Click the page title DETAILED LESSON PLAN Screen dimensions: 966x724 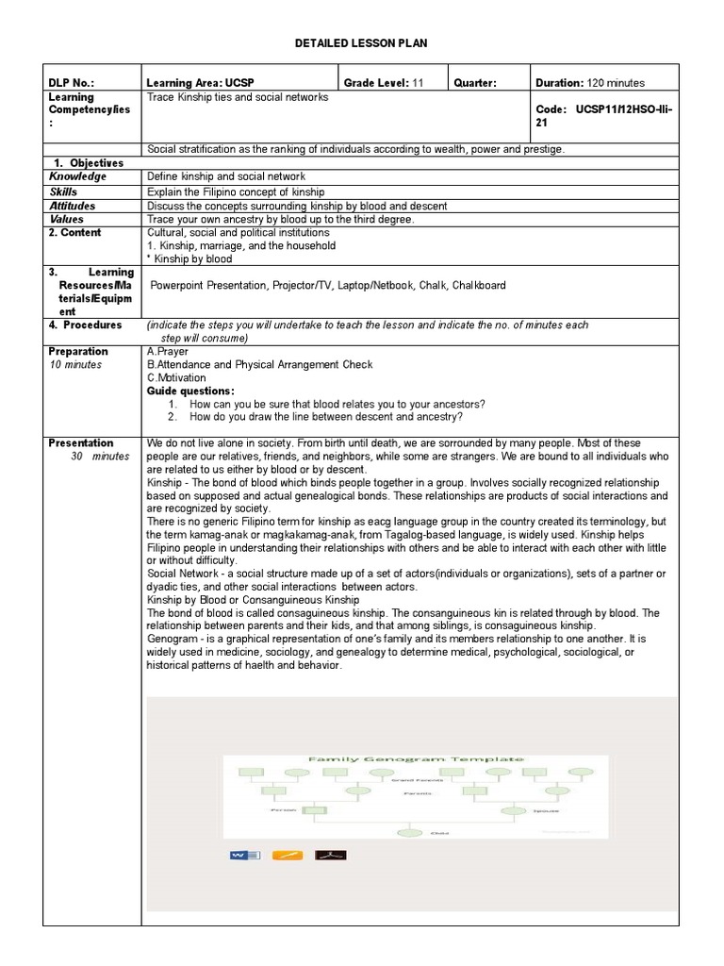[362, 43]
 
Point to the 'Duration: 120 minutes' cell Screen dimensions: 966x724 [590, 82]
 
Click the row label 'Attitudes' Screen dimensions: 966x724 [72, 206]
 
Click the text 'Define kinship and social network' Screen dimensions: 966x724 [226, 176]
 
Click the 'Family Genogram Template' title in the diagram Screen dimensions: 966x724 [416, 758]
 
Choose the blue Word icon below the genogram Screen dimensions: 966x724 [244, 855]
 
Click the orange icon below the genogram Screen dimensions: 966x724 [288, 855]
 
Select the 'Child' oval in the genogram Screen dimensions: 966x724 [411, 832]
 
